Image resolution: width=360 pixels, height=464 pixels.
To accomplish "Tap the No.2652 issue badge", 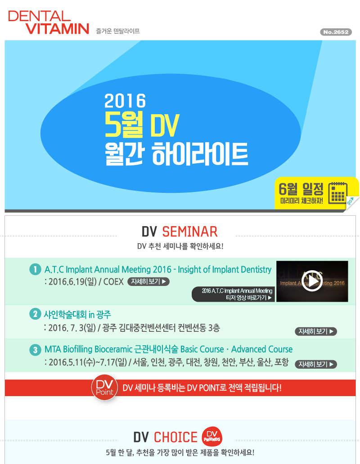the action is [336, 32].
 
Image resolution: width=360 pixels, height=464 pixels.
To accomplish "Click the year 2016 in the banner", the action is [125, 101].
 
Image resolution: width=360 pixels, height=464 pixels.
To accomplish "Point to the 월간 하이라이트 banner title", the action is [176, 154].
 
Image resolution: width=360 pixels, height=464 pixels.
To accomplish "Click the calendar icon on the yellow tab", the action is [338, 192].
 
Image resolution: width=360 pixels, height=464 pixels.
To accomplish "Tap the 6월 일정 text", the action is [301, 189].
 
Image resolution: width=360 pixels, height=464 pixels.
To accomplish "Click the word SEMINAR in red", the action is [190, 232].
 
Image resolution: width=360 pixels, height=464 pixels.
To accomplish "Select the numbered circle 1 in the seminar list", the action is [35, 269].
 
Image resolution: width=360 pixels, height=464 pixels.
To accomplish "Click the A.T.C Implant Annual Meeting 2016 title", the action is [158, 270].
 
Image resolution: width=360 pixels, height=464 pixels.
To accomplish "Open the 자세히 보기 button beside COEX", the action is [148, 281].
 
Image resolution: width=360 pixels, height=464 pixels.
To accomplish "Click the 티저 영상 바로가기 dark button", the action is [233, 294].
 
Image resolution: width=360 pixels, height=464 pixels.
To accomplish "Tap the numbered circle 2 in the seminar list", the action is [35, 314].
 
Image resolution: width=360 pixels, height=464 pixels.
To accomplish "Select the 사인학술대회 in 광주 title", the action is [77, 314].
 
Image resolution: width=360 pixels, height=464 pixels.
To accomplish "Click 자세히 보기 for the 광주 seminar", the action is [316, 331].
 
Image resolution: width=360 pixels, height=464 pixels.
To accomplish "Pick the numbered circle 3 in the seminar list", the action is [35, 350].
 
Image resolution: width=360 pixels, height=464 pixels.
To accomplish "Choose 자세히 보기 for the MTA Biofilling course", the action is [316, 364].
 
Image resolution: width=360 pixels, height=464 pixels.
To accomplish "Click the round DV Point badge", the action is [105, 388].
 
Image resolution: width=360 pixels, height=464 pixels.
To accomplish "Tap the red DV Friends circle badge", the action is [212, 437].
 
